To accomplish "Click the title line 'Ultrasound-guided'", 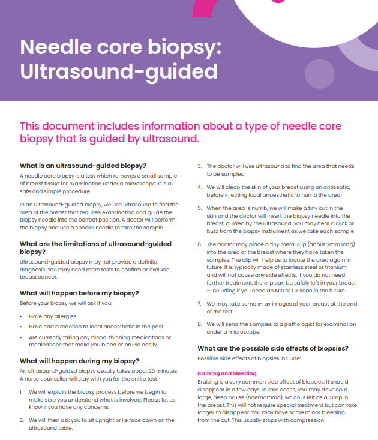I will tap(118, 71).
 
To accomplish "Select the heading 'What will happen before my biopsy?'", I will tap(79, 293).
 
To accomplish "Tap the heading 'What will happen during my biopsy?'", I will tap(79, 361).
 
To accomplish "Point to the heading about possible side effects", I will tap(273, 348).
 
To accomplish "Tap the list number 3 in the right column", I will tap(200, 166).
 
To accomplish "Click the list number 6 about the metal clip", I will tap(200, 244).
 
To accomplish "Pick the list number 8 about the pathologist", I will tap(200, 324).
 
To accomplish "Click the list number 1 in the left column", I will tap(22, 391).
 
